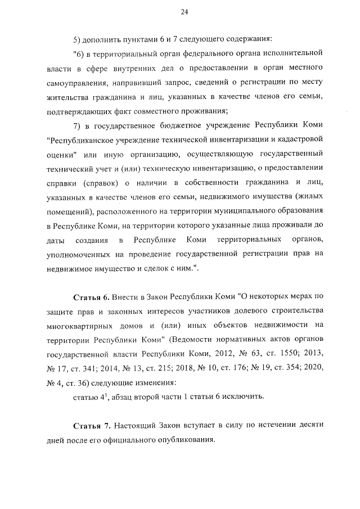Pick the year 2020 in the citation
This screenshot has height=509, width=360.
313,368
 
